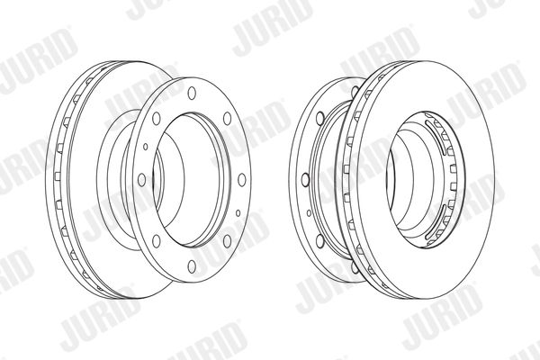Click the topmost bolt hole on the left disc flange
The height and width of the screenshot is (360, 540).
coord(192,93)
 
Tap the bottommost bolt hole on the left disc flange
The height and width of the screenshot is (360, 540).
coord(192,266)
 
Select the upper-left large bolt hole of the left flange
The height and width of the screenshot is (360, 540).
coord(157,119)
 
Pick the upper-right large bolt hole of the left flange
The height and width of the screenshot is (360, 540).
coord(228,119)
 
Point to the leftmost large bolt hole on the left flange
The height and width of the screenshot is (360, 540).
coord(141,180)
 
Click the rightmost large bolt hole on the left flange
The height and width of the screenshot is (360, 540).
coord(242,180)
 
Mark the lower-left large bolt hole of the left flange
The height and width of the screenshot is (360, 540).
coord(157,241)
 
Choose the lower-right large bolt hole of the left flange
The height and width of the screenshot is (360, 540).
coord(228,241)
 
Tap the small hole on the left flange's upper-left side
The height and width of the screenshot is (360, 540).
coord(145,147)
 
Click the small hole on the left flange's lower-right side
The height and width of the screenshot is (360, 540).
coord(238,213)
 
